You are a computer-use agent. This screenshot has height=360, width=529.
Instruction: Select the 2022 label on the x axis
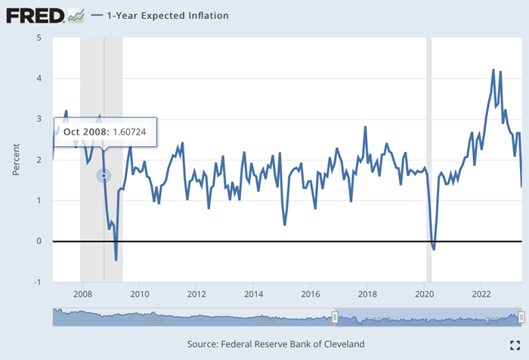pyautogui.click(x=482, y=293)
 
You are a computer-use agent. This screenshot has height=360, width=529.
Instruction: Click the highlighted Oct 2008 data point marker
pyautogui.click(x=104, y=175)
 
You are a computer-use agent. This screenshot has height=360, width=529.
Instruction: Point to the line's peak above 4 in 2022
pyautogui.click(x=493, y=70)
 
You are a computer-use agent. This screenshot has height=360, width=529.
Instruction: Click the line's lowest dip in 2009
pyautogui.click(x=116, y=260)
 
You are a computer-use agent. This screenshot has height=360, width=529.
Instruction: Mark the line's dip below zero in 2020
pyautogui.click(x=433, y=249)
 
